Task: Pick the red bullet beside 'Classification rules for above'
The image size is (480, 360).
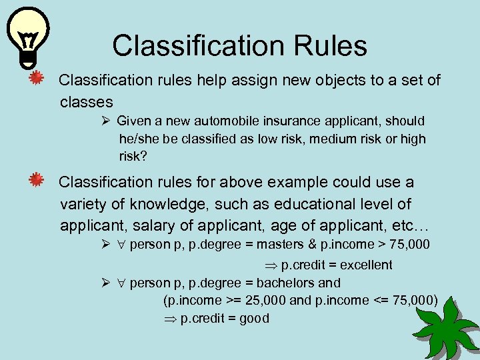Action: click(x=38, y=181)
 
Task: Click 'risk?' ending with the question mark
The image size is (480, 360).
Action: click(x=133, y=157)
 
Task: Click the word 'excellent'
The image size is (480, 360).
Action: click(x=366, y=265)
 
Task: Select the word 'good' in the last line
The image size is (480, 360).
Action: click(x=254, y=318)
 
